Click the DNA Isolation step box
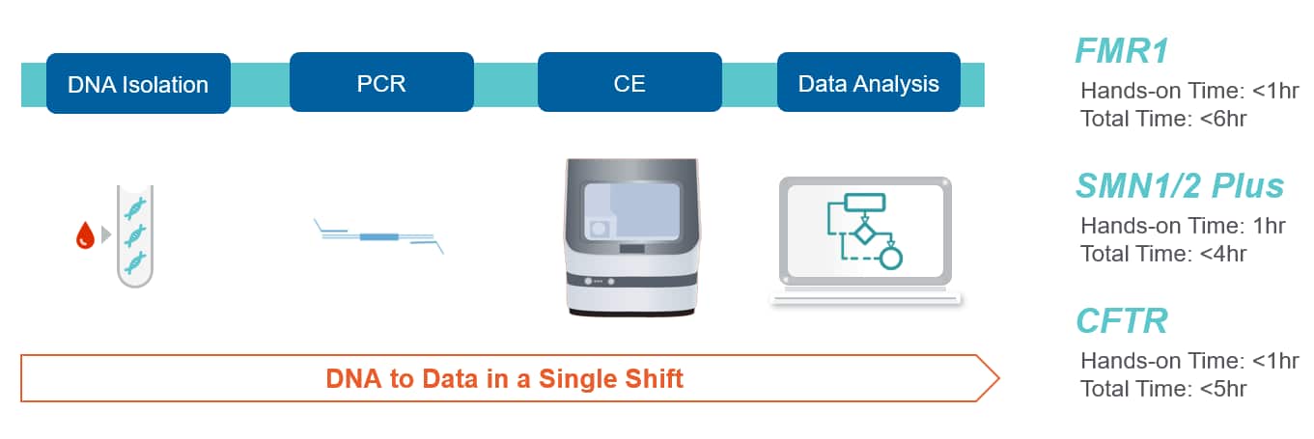click(138, 84)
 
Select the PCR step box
click(381, 82)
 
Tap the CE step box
click(629, 82)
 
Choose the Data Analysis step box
click(868, 83)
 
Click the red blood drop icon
click(85, 235)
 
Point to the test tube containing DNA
click(136, 235)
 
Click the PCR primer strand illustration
click(379, 236)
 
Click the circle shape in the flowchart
click(891, 258)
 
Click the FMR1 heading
click(1123, 52)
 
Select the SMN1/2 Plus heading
click(1179, 186)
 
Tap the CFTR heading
click(1122, 320)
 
